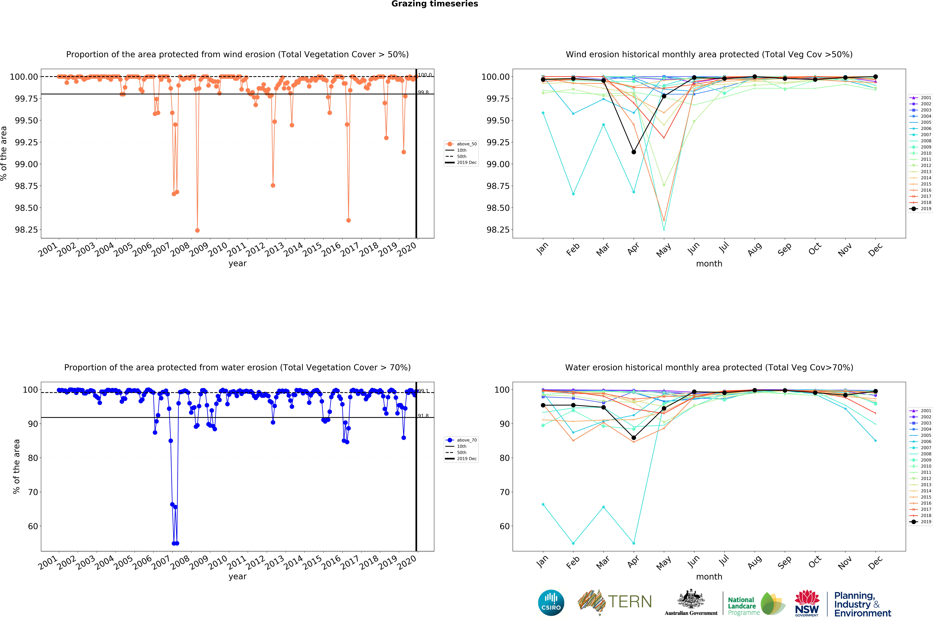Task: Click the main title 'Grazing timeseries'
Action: pyautogui.click(x=434, y=4)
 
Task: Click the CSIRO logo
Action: pyautogui.click(x=551, y=603)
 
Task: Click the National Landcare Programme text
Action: pyautogui.click(x=743, y=606)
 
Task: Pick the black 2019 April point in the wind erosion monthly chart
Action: pyautogui.click(x=633, y=152)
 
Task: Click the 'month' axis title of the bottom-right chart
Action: pyautogui.click(x=709, y=577)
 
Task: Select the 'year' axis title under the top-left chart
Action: pyautogui.click(x=238, y=263)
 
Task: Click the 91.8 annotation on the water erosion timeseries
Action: pyautogui.click(x=423, y=416)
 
